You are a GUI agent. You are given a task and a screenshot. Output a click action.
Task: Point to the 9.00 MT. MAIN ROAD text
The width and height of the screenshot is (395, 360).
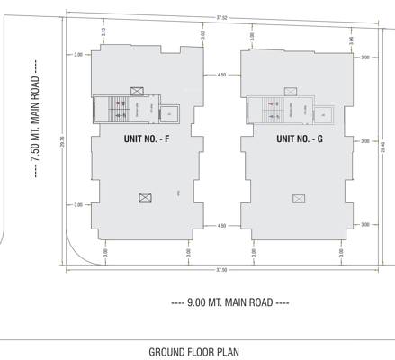[230, 302]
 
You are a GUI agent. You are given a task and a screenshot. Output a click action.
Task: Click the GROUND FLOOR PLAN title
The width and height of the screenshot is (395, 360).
[193, 352]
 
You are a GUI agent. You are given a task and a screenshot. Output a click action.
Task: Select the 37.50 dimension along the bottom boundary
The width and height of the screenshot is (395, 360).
[221, 269]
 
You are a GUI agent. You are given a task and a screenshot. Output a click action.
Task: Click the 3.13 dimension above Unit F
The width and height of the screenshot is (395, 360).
[104, 32]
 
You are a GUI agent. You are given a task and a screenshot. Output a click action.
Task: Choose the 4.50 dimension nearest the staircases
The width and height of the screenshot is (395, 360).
[221, 76]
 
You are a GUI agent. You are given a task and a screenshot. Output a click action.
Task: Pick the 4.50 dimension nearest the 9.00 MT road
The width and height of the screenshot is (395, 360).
[221, 226]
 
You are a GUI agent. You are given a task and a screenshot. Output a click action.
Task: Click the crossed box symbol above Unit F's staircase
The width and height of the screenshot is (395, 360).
[136, 90]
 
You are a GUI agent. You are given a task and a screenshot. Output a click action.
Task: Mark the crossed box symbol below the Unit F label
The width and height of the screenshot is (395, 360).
[144, 198]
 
